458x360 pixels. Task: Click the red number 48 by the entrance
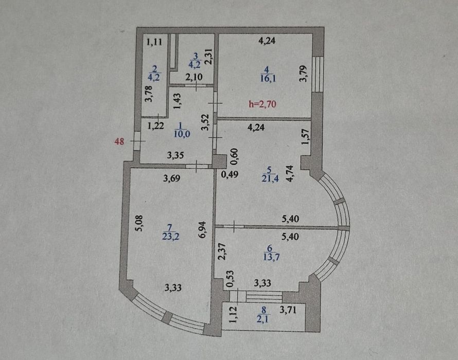tap(119, 142)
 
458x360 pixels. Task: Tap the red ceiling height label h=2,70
tap(262, 104)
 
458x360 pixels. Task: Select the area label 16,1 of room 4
tap(268, 78)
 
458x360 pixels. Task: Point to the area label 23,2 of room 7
tap(170, 236)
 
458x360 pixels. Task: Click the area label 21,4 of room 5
tap(270, 178)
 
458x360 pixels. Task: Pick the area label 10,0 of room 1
tap(182, 134)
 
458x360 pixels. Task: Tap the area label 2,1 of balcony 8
tap(263, 319)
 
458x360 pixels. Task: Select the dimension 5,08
tap(139, 223)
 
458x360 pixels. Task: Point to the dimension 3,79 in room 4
tap(304, 74)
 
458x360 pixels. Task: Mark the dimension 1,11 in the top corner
tap(154, 42)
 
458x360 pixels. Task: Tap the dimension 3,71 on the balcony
tap(288, 310)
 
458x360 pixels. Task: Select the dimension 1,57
tap(305, 137)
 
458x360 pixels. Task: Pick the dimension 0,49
tap(230, 174)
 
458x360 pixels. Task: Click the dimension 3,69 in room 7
tap(171, 178)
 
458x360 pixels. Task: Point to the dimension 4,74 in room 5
tap(290, 174)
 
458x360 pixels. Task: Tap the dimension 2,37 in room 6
tap(222, 251)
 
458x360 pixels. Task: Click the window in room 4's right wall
tap(318, 75)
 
